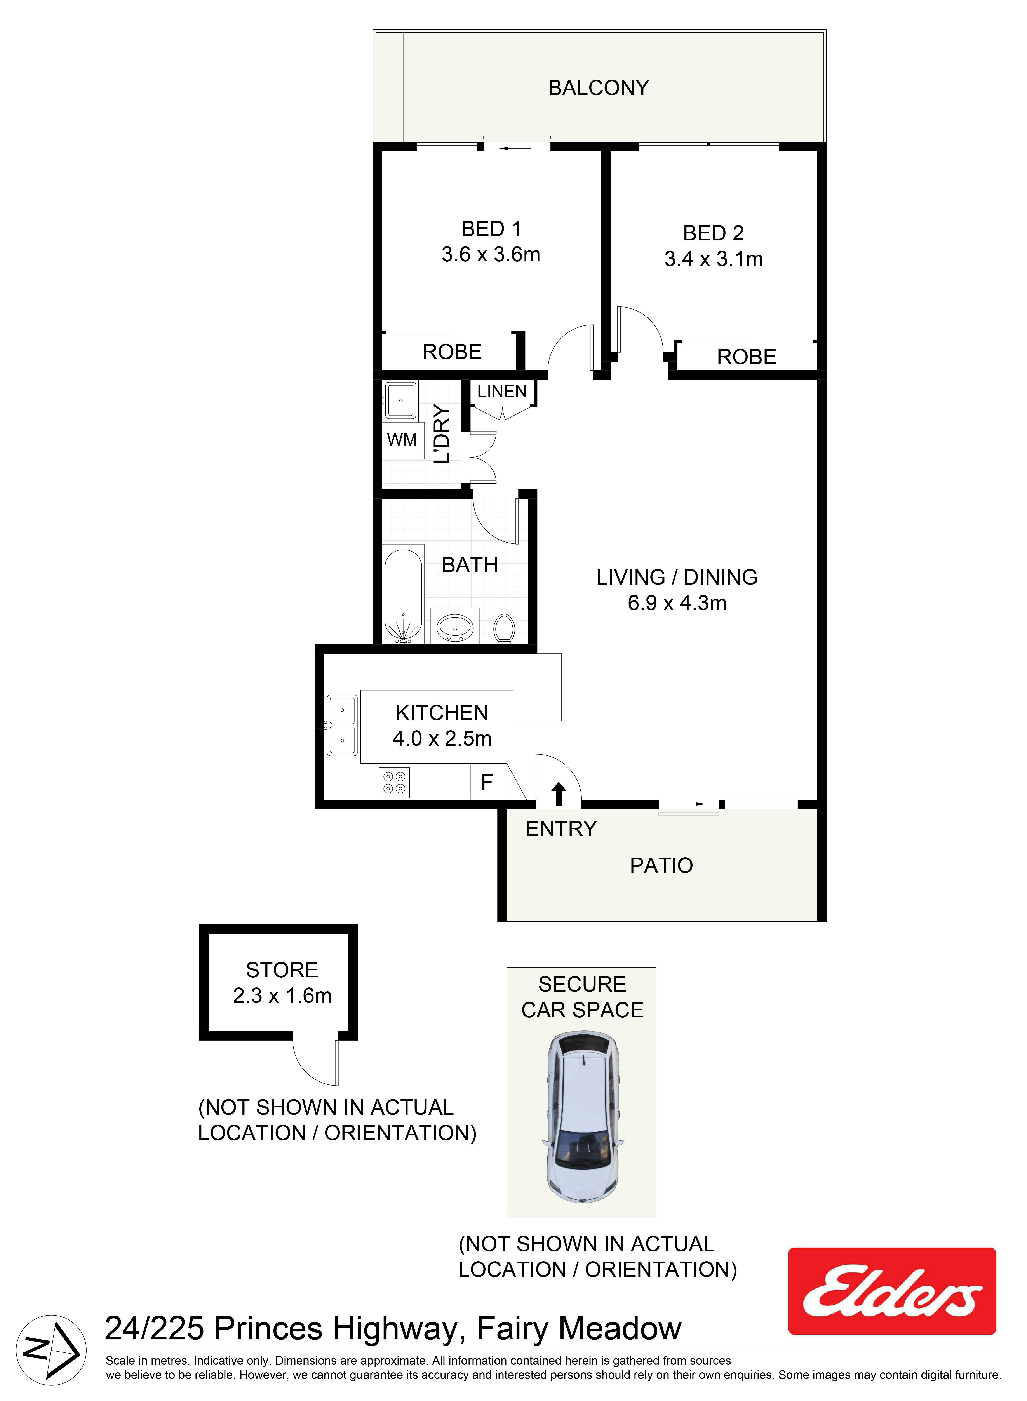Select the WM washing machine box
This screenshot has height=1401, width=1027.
tap(402, 440)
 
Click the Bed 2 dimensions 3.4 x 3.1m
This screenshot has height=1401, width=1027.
tap(714, 259)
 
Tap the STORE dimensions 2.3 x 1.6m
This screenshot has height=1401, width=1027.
tap(282, 996)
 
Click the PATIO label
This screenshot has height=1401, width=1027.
tap(661, 865)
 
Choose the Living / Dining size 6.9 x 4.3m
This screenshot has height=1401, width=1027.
tap(677, 603)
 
